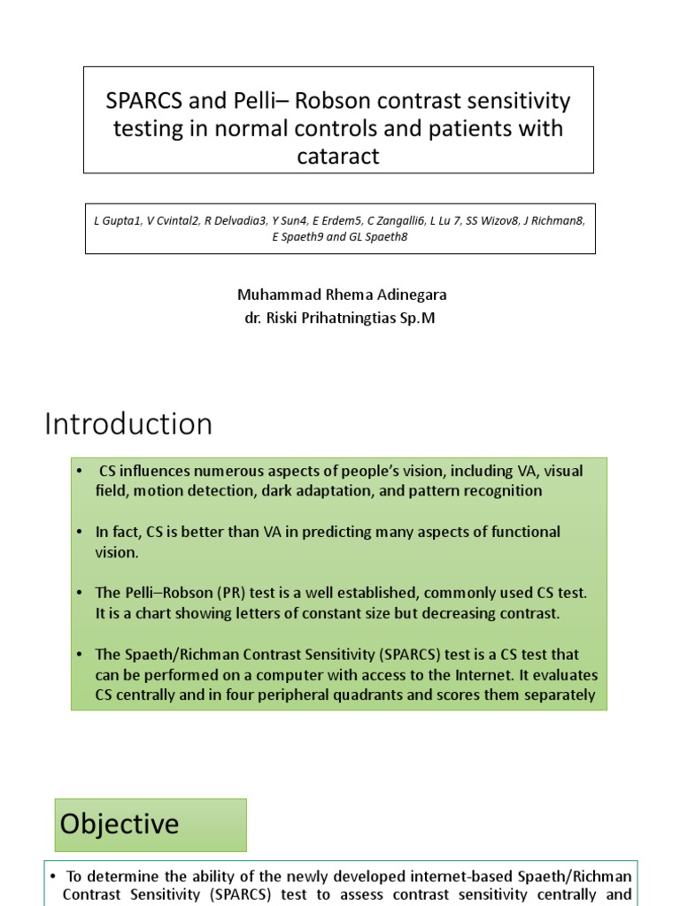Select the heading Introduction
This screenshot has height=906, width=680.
[128, 425]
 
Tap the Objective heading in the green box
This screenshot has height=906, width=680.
[120, 825]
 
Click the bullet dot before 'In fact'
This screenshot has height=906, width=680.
[79, 533]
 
